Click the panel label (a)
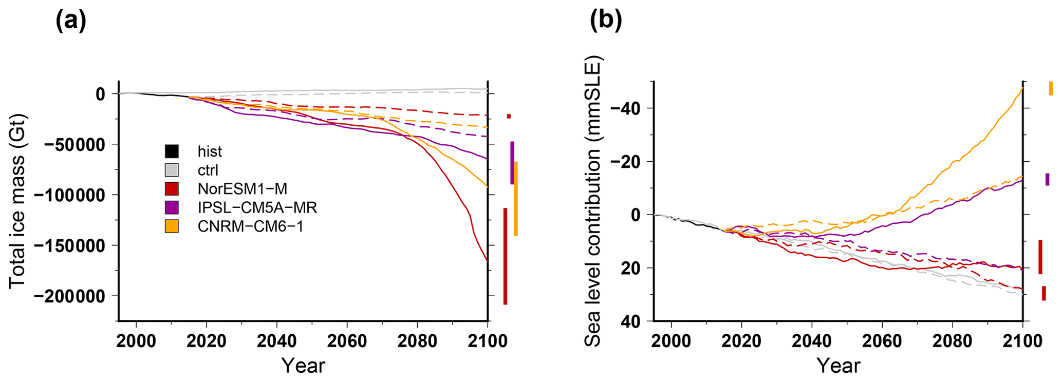(x=70, y=21)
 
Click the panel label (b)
(x=606, y=21)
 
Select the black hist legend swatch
(x=172, y=151)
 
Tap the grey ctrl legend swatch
(x=172, y=170)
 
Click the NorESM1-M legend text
(x=242, y=189)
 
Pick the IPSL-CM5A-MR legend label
(x=257, y=207)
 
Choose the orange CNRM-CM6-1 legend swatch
(x=172, y=226)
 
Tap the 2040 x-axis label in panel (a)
(x=277, y=340)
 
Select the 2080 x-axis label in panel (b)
(x=952, y=340)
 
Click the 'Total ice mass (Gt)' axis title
(x=17, y=201)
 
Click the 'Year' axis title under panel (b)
(x=839, y=366)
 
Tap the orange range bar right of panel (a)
(x=516, y=199)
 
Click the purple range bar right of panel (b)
(x=1047, y=179)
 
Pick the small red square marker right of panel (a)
(x=509, y=117)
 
